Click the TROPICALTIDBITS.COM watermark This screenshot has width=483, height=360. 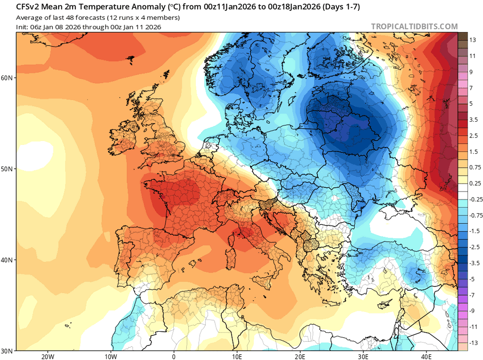point(414,26)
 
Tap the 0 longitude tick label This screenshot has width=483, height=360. point(174,356)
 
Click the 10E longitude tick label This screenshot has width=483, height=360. point(237,356)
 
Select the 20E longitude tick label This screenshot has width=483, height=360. point(300,356)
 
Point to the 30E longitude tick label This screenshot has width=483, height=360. point(364,356)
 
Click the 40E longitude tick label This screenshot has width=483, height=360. point(427,356)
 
